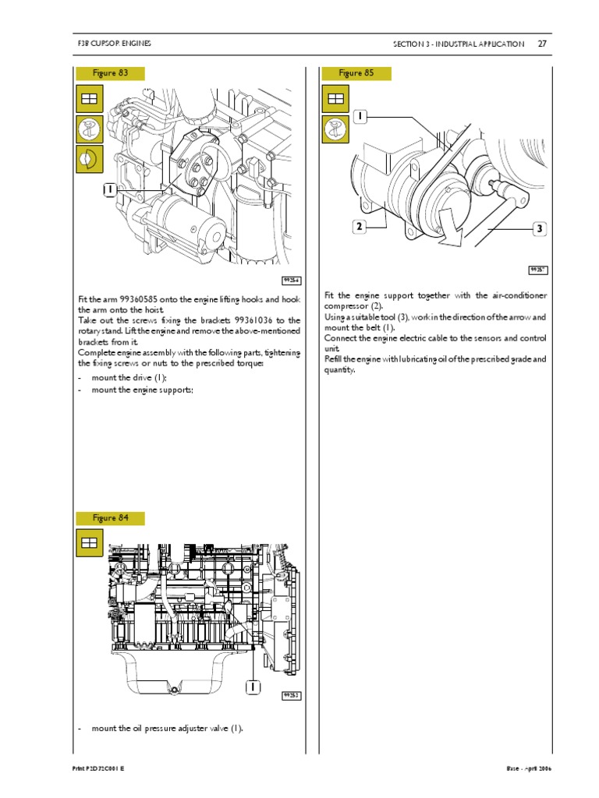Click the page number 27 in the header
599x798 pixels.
tap(541, 44)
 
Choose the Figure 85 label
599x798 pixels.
tap(356, 73)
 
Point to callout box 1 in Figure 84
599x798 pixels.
tap(252, 687)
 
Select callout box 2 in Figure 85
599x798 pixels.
tap(359, 227)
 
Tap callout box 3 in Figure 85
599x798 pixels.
tap(538, 229)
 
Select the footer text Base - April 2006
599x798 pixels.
tap(528, 768)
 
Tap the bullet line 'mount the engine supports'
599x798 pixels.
tap(142, 390)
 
